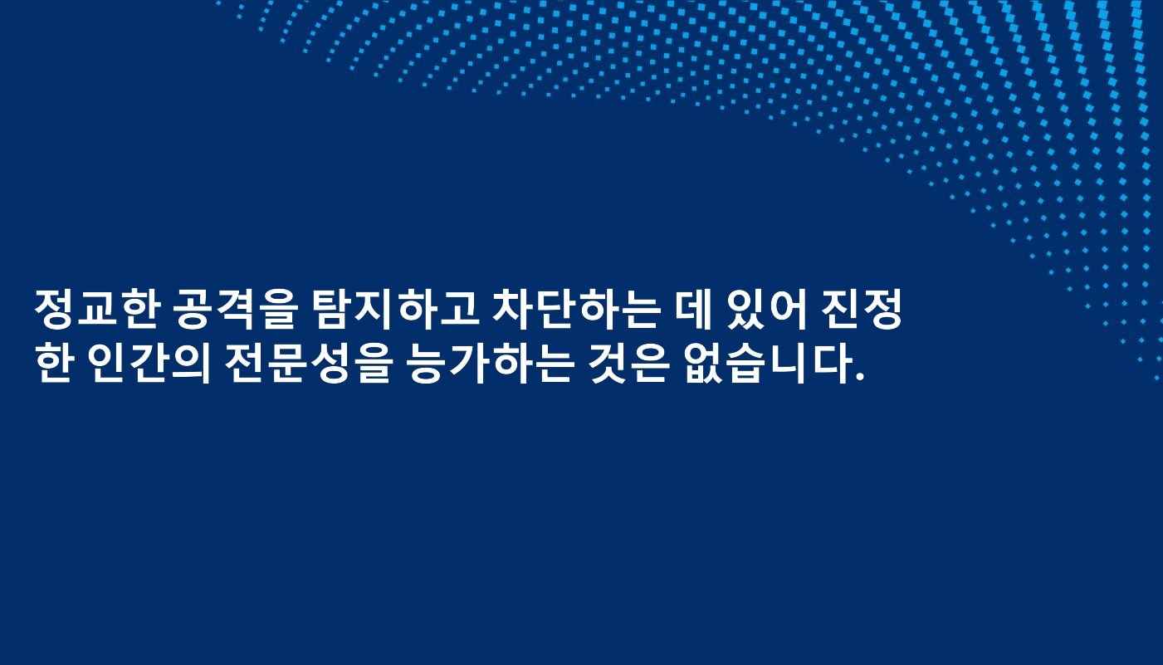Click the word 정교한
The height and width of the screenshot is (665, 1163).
coord(99,310)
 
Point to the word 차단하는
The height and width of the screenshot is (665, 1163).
coord(575,310)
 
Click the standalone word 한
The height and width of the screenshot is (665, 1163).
coord(54,364)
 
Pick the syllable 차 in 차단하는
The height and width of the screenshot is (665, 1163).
coord(513,310)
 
